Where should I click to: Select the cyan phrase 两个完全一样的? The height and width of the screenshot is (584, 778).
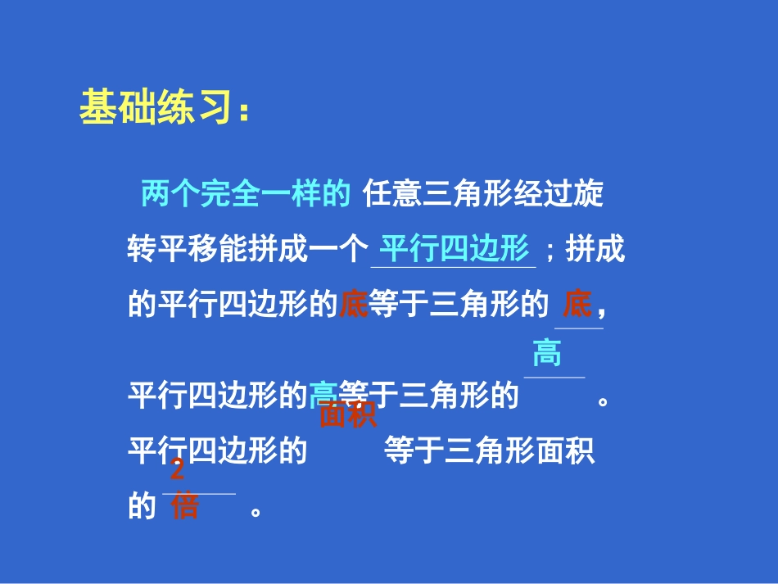[x=246, y=194]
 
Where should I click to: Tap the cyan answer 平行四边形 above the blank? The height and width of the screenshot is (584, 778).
[x=455, y=248]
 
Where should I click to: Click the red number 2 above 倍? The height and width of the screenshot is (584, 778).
[x=177, y=471]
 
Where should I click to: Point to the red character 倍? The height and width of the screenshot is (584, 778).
[x=185, y=506]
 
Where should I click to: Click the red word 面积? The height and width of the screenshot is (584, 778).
[x=348, y=415]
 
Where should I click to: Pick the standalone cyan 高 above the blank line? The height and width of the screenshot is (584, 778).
[x=547, y=355]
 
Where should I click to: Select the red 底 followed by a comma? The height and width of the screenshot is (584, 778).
[x=577, y=306]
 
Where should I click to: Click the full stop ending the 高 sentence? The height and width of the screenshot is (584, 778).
[x=604, y=401]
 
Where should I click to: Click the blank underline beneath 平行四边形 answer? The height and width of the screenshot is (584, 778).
[x=454, y=266]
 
